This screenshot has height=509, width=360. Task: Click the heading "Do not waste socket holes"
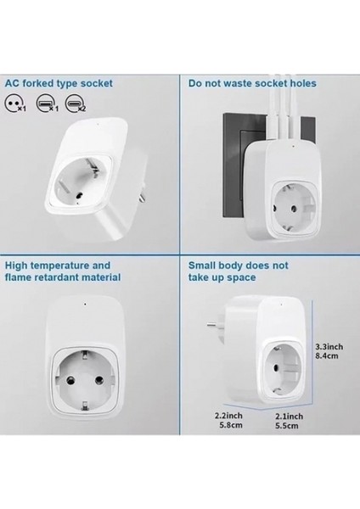(251, 84)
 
